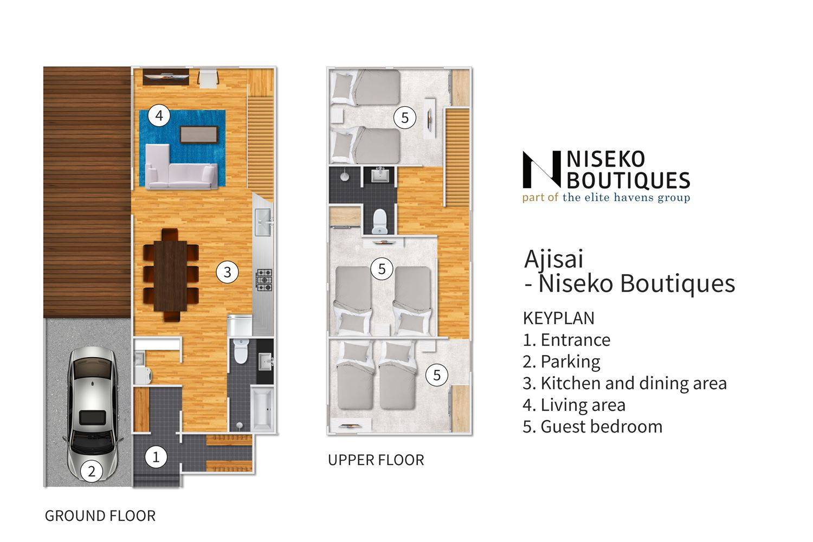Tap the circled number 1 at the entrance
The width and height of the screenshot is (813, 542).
156,457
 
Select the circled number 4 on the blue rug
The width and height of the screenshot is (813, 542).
159,115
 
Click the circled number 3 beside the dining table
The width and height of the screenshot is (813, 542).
227,272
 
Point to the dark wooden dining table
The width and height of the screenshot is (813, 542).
171,275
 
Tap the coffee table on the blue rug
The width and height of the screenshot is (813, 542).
199,134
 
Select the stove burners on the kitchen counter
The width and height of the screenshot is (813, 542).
264,280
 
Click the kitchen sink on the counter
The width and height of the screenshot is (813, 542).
263,222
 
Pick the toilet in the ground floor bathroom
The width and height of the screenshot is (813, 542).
241,350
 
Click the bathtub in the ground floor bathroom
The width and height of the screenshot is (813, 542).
262,409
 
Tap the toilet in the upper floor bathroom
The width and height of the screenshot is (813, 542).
380,221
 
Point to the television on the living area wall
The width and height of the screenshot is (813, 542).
166,77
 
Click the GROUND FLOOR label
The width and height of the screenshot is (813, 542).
100,515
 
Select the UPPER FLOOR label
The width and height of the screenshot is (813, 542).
376,460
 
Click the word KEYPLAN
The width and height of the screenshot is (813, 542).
559,318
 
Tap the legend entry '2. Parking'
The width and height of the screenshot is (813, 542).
562,362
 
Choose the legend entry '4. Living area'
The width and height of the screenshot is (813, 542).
574,405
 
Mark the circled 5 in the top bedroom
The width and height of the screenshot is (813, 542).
405,117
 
